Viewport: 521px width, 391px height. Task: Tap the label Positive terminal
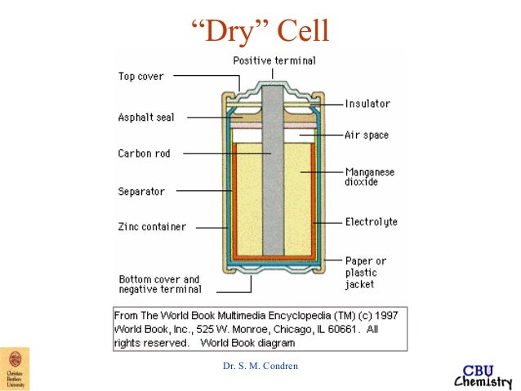pos(274,61)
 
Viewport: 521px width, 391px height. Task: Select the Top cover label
pos(141,77)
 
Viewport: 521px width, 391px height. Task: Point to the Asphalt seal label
pos(146,117)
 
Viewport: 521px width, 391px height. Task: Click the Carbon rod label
pos(144,153)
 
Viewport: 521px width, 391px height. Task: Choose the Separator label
pos(141,192)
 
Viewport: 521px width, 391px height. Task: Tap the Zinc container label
pos(152,227)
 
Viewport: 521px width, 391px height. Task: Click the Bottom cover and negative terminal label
pos(159,283)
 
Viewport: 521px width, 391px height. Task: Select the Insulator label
pos(367,104)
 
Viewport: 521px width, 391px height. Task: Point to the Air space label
pos(367,135)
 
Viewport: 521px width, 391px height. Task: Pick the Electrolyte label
pos(371,221)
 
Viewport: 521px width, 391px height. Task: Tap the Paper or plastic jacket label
pos(365,273)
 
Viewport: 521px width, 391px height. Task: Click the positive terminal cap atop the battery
pos(274,84)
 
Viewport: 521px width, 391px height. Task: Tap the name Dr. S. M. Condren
pos(260,365)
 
